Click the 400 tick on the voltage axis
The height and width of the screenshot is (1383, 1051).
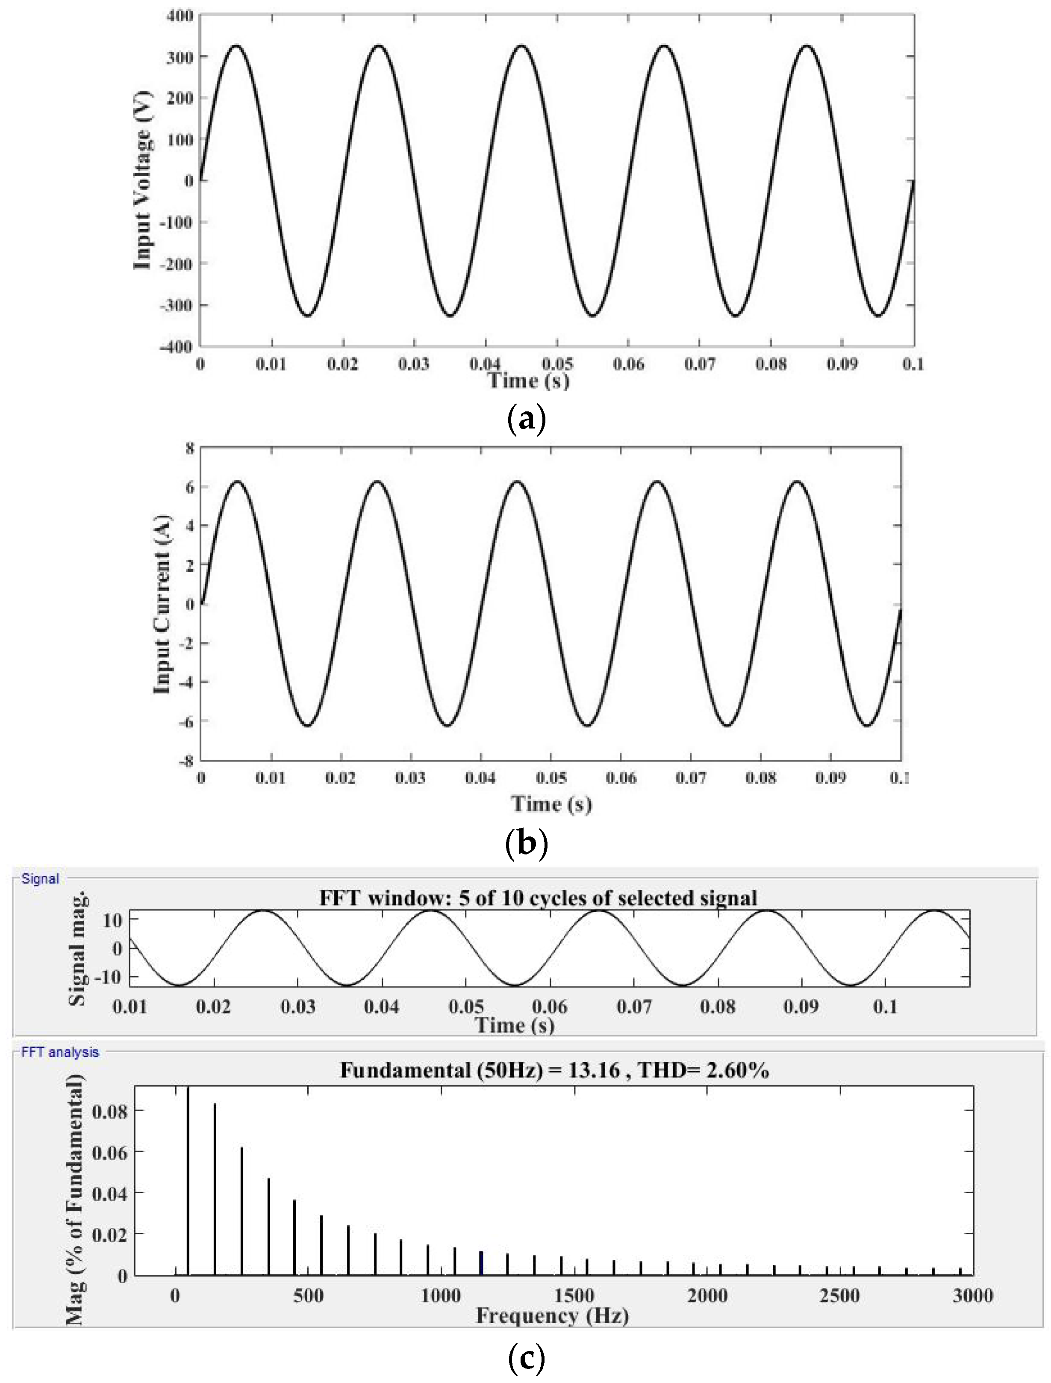coord(180,15)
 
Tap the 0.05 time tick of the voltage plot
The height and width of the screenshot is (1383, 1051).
coord(557,364)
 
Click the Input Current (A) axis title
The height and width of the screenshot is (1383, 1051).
coord(162,605)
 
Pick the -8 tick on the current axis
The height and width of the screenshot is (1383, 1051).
coord(186,761)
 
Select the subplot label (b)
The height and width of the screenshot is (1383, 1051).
coord(526,844)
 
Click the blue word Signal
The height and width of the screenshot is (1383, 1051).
coord(40,879)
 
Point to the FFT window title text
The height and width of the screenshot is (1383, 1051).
coord(538,898)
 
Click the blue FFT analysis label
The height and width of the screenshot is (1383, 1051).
coord(60,1052)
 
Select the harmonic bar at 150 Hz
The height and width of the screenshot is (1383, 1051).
coord(215,1189)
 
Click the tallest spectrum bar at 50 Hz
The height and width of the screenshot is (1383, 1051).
coord(188,1183)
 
